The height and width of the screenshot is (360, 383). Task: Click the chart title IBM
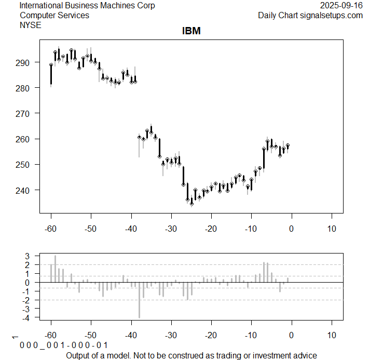click(191, 31)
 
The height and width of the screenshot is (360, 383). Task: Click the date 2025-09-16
click(341, 6)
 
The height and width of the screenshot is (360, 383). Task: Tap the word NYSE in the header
click(31, 24)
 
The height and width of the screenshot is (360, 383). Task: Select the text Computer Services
click(54, 15)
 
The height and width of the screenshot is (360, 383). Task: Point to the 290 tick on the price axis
click(25, 62)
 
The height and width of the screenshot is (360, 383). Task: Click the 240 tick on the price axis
click(25, 190)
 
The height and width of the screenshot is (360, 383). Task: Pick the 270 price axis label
click(25, 113)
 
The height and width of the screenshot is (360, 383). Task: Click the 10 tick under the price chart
click(332, 228)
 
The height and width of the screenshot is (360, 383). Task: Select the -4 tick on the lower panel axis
click(29, 317)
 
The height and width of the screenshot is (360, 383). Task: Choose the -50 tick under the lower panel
click(91, 335)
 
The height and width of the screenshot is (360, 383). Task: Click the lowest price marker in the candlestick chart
click(191, 204)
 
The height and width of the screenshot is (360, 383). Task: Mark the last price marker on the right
click(288, 145)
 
